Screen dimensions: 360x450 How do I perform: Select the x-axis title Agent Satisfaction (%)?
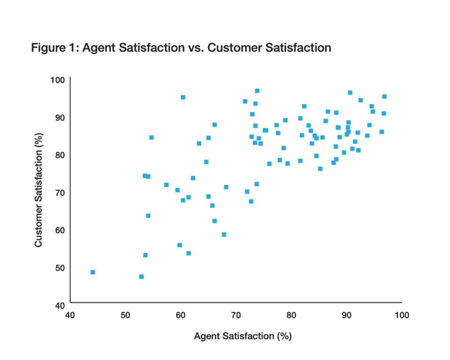pos(243,336)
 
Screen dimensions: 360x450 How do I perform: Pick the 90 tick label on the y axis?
pos(60,117)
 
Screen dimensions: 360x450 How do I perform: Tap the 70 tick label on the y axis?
pos(60,192)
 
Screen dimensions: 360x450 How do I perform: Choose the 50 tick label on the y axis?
pos(60,267)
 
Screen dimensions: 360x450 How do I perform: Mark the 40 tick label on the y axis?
pos(60,305)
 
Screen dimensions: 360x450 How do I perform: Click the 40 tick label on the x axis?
pos(70,315)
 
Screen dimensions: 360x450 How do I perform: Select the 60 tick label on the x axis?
pos(180,315)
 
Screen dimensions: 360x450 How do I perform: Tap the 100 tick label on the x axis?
pos(402,315)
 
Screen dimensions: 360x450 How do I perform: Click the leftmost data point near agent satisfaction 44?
pos(93,272)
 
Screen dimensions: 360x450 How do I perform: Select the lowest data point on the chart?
pos(142,277)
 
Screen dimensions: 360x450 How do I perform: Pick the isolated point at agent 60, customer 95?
pos(183,97)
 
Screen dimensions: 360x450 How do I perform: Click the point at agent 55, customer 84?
pos(152,137)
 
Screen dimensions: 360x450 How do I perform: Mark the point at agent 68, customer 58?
pos(224,234)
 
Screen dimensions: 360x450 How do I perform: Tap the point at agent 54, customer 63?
pos(148,216)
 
